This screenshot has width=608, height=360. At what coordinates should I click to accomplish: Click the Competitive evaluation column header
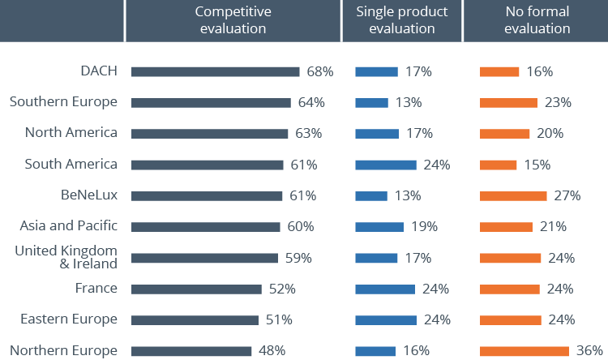(x=232, y=20)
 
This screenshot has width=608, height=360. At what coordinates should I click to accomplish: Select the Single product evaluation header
(x=402, y=20)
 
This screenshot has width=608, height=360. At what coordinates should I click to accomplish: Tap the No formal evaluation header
(x=536, y=20)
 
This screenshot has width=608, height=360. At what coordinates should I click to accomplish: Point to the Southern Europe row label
(x=63, y=101)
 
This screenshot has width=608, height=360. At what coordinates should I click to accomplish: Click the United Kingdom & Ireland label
(x=66, y=256)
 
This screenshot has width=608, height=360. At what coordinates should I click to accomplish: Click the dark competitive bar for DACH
(x=215, y=71)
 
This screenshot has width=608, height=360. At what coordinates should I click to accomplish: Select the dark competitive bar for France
(x=196, y=289)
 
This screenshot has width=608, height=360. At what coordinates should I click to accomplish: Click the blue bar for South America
(x=386, y=165)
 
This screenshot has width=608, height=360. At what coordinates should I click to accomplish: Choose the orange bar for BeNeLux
(x=513, y=195)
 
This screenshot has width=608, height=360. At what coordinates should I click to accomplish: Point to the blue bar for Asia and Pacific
(x=379, y=227)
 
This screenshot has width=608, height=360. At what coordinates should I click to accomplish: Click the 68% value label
(x=320, y=71)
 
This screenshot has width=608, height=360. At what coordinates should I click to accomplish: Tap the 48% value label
(x=272, y=351)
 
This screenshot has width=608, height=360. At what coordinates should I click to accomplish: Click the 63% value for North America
(x=308, y=134)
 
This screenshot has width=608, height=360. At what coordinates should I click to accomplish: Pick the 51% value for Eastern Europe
(x=279, y=319)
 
